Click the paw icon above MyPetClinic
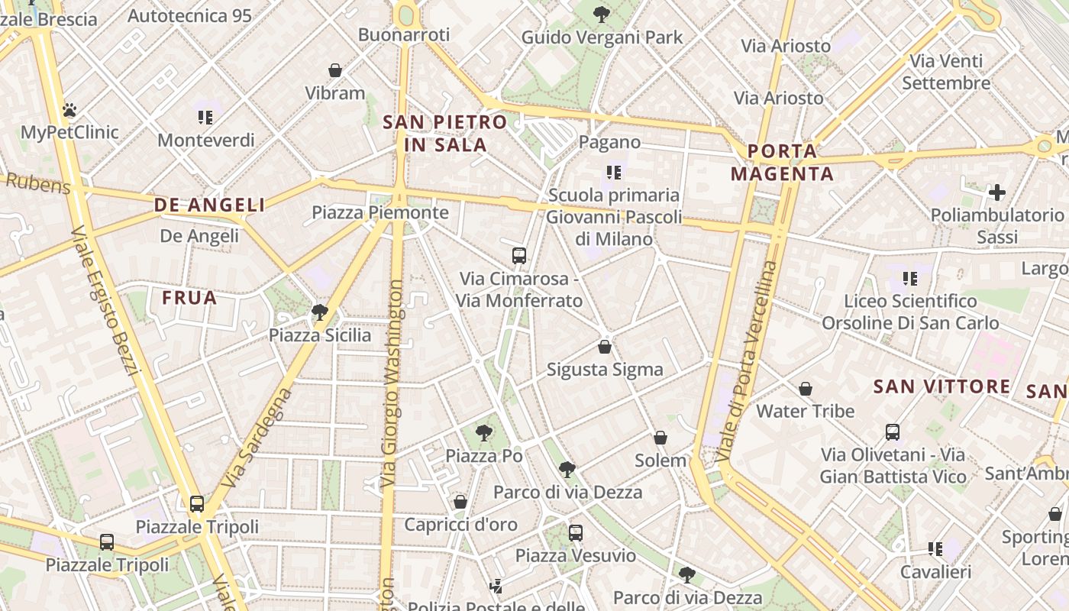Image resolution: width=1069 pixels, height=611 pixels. coord(69,110)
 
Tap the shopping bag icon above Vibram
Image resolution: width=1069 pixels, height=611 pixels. coord(334,70)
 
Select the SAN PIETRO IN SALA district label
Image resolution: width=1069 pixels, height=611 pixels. coord(445,133)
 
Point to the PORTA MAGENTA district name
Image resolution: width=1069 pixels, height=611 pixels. coord(782,163)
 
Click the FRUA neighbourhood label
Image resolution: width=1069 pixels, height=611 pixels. coord(189,298)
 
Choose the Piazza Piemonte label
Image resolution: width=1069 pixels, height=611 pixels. coord(380,212)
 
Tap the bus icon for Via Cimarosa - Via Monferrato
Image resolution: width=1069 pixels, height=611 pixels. coord(519,255)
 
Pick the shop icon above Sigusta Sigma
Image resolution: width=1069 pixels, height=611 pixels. coord(605,347)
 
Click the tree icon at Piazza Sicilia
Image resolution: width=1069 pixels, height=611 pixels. coord(320,312)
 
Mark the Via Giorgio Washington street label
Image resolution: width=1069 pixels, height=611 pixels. coord(393,384)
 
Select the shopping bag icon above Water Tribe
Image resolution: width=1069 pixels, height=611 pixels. coord(805,389)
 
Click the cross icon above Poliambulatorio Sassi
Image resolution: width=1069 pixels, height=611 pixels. coord(997,192)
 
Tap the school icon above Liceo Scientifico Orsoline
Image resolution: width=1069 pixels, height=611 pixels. coord(909,279)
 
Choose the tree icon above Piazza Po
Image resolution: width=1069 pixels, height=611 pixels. coord(483,433)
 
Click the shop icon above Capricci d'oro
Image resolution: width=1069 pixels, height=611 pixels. coord(460,502)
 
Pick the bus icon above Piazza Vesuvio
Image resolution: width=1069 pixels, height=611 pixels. coord(576,532)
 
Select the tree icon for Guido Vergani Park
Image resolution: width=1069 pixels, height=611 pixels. coord(602,14)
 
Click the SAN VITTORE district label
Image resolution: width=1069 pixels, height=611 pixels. coord(941,386)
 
